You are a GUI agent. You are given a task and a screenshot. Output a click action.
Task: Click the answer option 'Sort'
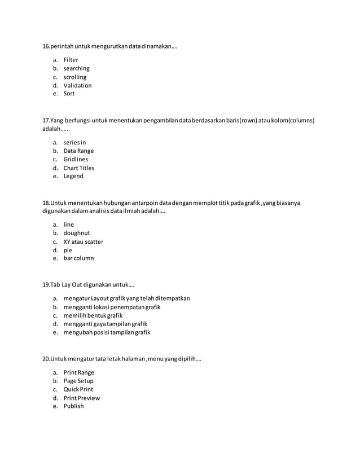pyautogui.click(x=69, y=94)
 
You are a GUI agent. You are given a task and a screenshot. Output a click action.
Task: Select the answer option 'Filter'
pyautogui.click(x=71, y=60)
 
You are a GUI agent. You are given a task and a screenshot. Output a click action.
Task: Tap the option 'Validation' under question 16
pyautogui.click(x=77, y=85)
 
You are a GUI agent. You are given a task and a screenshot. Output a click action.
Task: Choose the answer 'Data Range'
pyautogui.click(x=78, y=151)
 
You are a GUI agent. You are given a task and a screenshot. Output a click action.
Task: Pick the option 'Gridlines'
pyautogui.click(x=76, y=160)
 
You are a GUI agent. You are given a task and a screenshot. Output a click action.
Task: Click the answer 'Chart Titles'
pyautogui.click(x=79, y=168)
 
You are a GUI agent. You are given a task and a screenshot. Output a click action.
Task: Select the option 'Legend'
pyautogui.click(x=73, y=176)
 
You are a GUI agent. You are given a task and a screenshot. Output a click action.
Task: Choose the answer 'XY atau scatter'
pyautogui.click(x=83, y=241)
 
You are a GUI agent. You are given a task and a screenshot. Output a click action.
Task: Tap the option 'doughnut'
pyautogui.click(x=77, y=233)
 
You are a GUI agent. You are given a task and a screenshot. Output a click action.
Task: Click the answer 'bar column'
pyautogui.click(x=78, y=258)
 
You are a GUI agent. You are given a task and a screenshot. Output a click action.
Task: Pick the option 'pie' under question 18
pyautogui.click(x=68, y=250)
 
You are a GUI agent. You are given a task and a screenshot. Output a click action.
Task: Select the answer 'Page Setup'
pyautogui.click(x=78, y=381)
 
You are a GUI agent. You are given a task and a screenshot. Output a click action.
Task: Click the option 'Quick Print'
pyautogui.click(x=78, y=389)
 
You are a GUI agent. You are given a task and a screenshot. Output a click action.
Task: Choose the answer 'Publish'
pyautogui.click(x=73, y=406)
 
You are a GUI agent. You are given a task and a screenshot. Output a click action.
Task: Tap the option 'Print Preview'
pyautogui.click(x=81, y=398)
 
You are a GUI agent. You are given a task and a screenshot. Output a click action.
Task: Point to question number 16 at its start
pyautogui.click(x=46, y=46)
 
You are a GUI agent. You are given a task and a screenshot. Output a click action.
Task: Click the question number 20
pyautogui.click(x=46, y=358)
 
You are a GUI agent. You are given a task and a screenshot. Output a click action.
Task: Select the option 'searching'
pyautogui.click(x=76, y=68)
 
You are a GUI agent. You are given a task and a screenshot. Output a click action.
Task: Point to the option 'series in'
pyautogui.click(x=74, y=143)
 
